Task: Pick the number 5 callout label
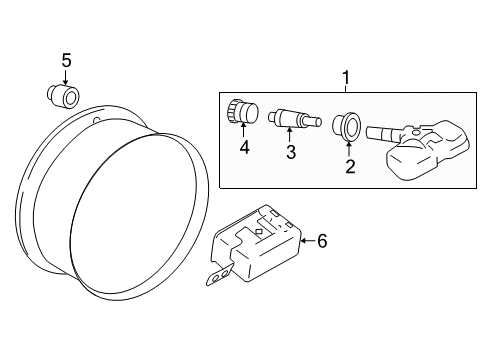(x=66, y=61)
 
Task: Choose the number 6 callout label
(x=323, y=241)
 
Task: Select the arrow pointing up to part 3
(x=289, y=138)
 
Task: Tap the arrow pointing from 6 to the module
(x=305, y=241)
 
